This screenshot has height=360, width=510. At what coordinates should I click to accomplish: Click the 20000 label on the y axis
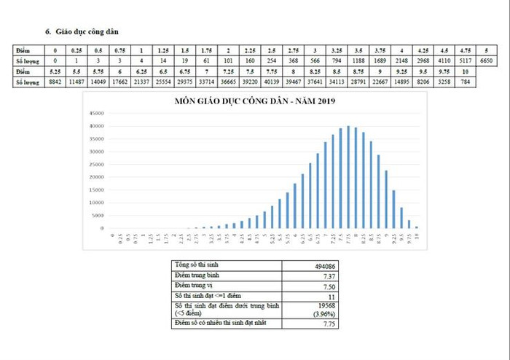point(96,177)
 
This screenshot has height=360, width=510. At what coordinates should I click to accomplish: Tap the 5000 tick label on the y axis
point(98,216)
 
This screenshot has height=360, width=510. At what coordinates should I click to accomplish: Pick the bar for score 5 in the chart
point(264,220)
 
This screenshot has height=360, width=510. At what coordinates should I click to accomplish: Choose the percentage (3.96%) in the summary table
point(321,313)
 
